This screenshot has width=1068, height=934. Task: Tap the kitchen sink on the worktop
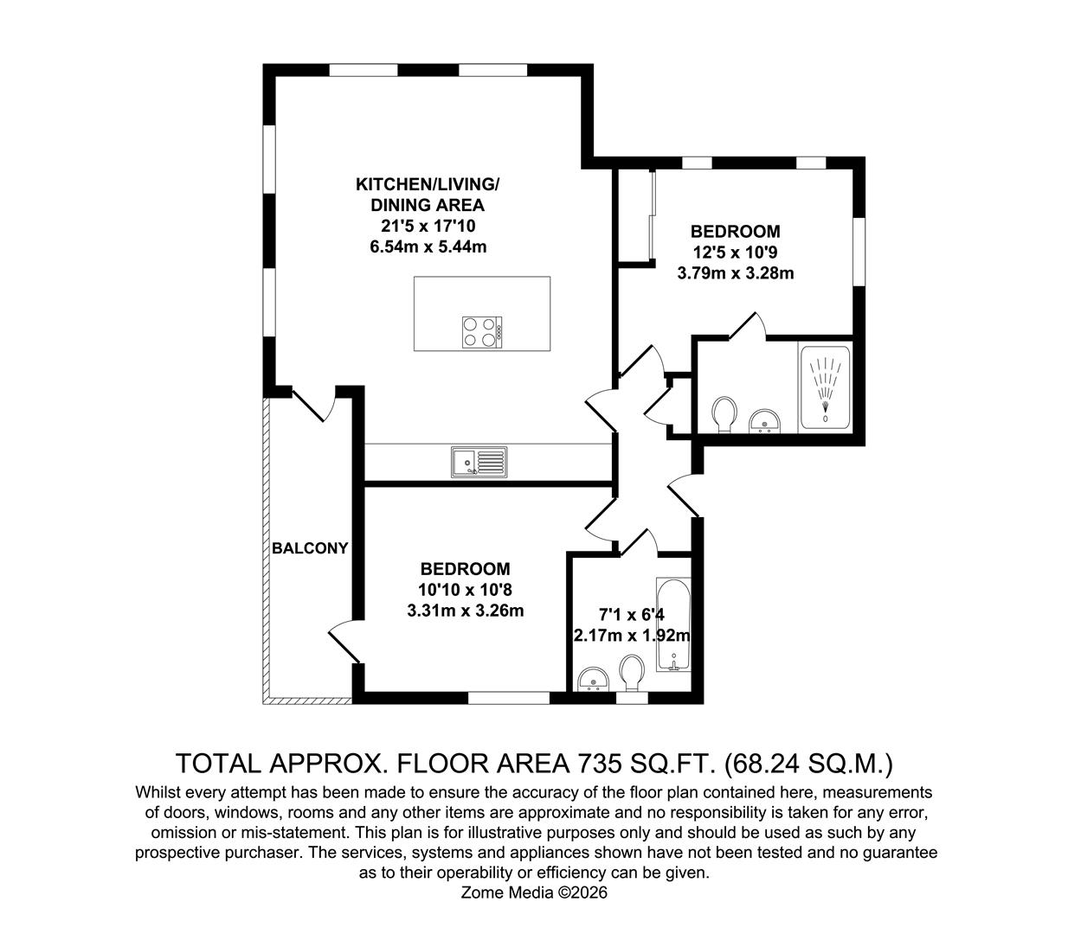click(479, 462)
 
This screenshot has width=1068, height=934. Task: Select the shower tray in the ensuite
click(826, 387)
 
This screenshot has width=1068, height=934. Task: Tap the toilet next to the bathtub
click(632, 672)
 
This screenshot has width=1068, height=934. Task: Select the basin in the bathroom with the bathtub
click(594, 680)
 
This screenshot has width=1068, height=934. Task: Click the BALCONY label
click(310, 548)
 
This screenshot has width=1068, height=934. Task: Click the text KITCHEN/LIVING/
click(428, 184)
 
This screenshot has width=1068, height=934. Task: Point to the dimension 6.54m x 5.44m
click(428, 246)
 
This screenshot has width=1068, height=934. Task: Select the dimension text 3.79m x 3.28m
click(735, 273)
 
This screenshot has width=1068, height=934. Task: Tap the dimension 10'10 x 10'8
click(465, 590)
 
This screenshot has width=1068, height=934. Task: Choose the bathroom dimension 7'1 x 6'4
click(632, 615)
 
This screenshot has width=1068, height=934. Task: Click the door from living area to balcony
click(312, 404)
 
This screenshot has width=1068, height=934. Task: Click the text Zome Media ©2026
click(533, 892)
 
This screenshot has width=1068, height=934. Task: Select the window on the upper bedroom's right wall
click(859, 252)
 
